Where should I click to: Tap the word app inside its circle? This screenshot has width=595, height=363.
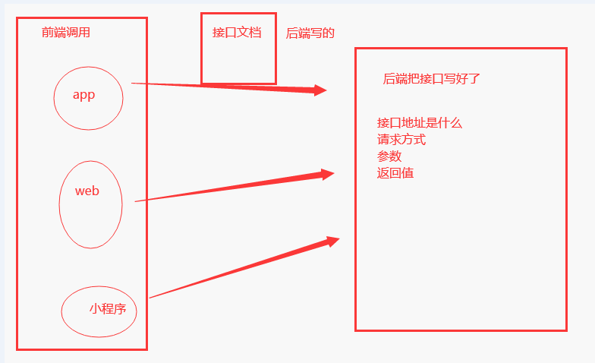point(83,95)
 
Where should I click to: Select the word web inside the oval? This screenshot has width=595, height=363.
point(87,191)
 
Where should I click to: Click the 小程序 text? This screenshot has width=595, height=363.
point(107,308)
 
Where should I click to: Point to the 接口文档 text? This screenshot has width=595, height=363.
point(237,33)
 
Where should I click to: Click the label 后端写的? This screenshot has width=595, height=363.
point(310,33)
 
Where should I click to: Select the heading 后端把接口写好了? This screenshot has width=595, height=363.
point(431,78)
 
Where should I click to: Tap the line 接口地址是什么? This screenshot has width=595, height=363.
point(419,123)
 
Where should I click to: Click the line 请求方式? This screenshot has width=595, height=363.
point(401,140)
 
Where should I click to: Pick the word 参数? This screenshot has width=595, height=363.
point(389,156)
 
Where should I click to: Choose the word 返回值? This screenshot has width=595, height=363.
point(395,173)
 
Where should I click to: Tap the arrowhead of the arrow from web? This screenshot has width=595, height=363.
point(327,175)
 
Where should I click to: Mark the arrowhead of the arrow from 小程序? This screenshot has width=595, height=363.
point(332,241)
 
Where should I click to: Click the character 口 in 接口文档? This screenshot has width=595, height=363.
point(231,33)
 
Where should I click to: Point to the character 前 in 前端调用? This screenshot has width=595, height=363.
point(48,33)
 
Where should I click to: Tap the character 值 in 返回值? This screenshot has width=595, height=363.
point(408,173)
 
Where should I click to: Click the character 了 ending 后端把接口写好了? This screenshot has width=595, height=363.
point(474,78)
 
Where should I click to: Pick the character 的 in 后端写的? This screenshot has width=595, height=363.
point(329,33)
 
